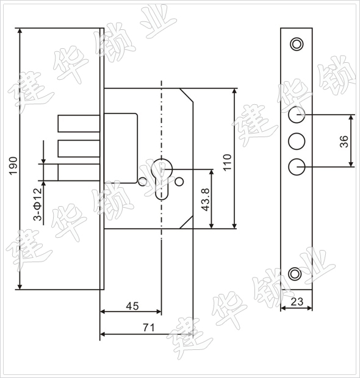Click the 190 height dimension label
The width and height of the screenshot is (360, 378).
point(13,165)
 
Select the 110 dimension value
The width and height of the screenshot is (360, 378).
point(228,163)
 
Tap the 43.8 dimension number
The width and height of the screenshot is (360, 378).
point(206,199)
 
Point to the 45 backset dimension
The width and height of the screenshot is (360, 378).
point(132,306)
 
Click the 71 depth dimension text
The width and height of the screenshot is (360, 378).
point(148,327)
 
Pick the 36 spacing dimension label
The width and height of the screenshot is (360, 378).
point(344,141)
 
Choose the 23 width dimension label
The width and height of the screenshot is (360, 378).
point(297,301)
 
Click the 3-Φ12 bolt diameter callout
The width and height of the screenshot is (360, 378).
point(38,204)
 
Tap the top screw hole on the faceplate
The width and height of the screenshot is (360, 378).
point(297,44)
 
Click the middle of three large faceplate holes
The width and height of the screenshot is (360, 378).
point(297,141)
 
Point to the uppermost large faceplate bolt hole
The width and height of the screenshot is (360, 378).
point(297,115)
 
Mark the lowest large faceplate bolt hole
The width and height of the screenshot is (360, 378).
point(297,166)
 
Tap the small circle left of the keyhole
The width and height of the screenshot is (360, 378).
point(143,181)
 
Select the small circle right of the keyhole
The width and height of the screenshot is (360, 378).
point(179,181)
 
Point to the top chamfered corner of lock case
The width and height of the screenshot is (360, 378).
point(186,95)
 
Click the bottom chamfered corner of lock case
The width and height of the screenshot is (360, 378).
point(186,222)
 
